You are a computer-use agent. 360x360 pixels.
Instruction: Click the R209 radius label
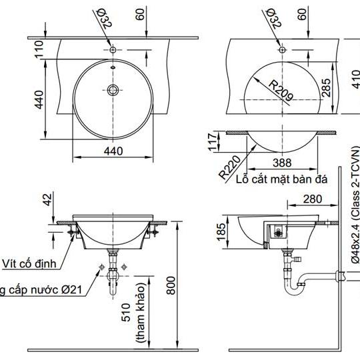tap(281, 91)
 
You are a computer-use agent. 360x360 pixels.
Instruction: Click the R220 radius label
tap(230, 167)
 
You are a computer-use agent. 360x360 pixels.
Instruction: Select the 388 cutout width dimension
tap(282, 163)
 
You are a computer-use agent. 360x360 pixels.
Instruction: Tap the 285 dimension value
tap(326, 88)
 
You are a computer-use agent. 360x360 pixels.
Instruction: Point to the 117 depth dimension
tap(213, 143)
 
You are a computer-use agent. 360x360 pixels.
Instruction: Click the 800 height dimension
tap(171, 285)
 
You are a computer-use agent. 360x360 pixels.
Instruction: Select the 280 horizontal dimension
tap(313, 199)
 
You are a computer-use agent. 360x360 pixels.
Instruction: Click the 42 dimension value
tap(47, 200)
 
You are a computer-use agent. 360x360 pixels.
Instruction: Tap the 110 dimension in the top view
tap(39, 49)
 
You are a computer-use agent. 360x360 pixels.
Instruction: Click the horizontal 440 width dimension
tap(113, 151)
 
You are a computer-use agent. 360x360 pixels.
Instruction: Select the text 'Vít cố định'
tap(29, 263)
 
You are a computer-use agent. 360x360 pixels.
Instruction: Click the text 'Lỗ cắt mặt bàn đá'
tap(281, 179)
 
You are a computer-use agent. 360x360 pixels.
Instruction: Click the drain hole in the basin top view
tap(113, 90)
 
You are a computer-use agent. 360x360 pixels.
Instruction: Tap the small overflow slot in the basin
tap(113, 67)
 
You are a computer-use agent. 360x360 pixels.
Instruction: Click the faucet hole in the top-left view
tap(113, 49)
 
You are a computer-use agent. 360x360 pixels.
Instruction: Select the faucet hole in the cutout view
tap(282, 50)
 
